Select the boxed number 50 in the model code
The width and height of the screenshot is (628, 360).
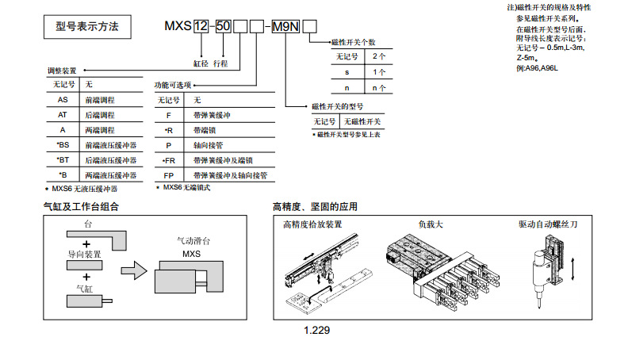click(224, 27)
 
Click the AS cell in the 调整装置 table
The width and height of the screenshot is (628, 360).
click(63, 101)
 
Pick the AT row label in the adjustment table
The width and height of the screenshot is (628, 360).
click(63, 116)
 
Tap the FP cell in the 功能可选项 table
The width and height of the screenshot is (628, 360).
click(168, 174)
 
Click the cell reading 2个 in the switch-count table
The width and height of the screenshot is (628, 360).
click(378, 57)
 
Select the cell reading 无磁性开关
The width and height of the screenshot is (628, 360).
click(362, 122)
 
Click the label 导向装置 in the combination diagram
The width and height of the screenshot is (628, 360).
click(84, 255)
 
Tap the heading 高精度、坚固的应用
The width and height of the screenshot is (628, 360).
click(315, 207)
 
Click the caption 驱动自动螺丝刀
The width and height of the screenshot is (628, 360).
click(548, 224)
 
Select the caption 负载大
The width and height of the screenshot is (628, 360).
click(431, 224)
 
